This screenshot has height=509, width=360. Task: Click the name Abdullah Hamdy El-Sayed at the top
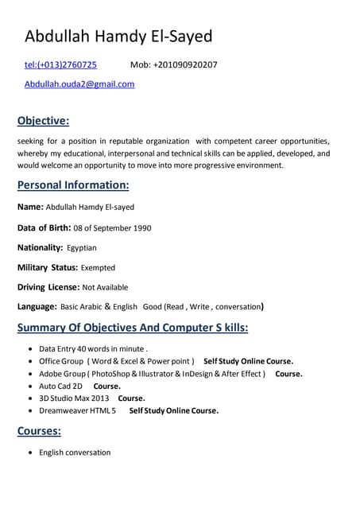118,37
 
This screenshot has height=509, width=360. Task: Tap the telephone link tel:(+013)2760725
60,64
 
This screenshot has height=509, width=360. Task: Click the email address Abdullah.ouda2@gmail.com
79,84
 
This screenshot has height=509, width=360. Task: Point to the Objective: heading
43,121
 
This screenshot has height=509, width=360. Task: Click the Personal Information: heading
73,185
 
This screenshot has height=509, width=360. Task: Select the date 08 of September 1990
112,227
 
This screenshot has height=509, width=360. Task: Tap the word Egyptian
81,247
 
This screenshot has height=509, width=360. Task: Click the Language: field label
37,306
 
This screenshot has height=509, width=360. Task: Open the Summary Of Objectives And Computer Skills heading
133,328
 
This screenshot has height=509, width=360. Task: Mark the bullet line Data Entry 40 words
93,348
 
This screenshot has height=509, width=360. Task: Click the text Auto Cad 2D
60,386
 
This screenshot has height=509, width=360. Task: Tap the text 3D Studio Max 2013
74,398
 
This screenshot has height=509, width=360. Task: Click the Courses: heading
39,431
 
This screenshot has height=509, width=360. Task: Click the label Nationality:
40,247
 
